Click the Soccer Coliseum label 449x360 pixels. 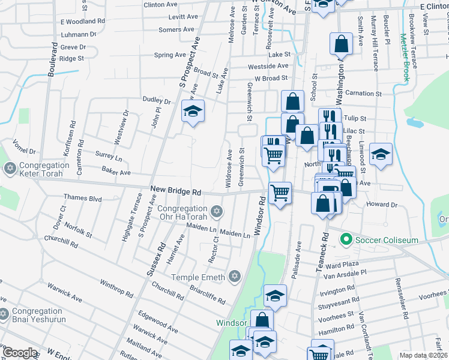[x=387, y=240]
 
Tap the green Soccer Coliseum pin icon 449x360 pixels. [x=346, y=240]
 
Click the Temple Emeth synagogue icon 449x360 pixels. [x=235, y=277]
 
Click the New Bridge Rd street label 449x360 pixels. [x=176, y=190]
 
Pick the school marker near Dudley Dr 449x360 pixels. [x=193, y=112]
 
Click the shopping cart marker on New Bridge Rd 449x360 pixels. [x=280, y=194]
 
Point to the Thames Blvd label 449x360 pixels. [x=82, y=197]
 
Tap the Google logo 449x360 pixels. [x=20, y=353]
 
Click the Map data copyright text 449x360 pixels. [x=423, y=355]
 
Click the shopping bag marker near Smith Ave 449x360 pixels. [x=340, y=44]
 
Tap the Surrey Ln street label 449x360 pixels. [x=109, y=157]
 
